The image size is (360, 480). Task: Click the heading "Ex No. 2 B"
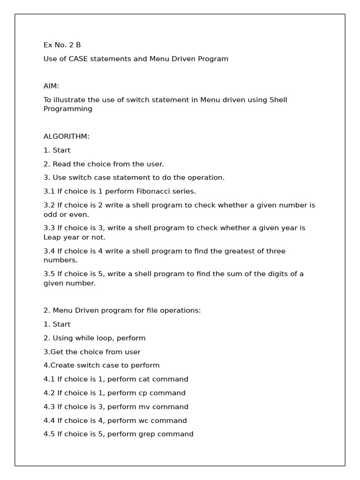pos(62,45)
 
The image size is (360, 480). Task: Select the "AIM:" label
pos(52,86)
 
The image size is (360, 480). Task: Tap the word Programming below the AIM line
pos(68,109)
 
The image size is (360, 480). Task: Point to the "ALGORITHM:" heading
pos(67,136)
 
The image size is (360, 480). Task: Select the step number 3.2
pos(49,205)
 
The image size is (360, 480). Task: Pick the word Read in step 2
pos(61,164)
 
